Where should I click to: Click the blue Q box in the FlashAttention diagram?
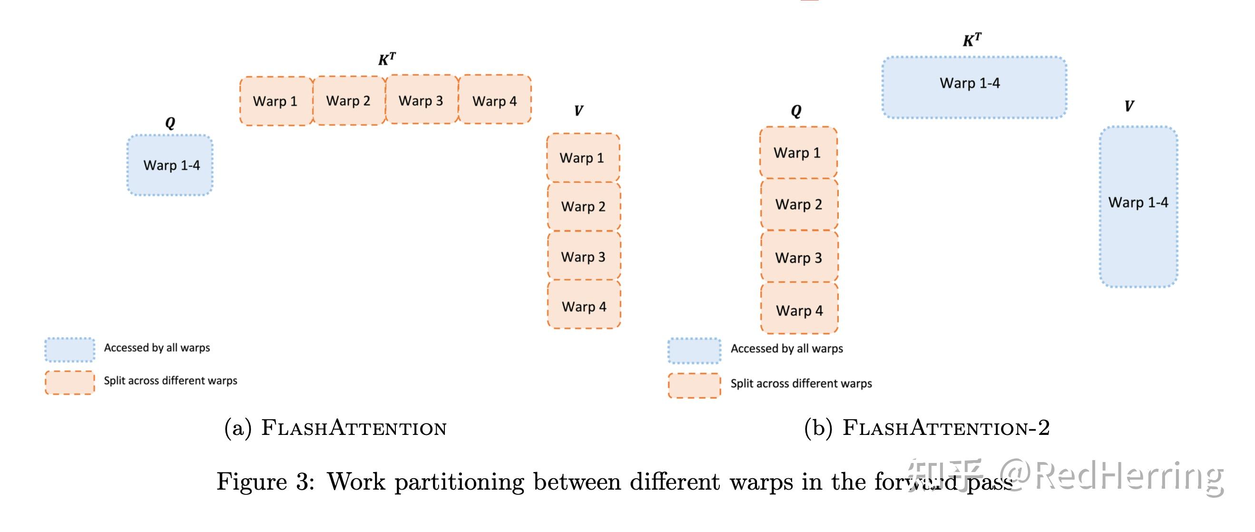click(x=170, y=165)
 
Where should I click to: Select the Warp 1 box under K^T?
click(x=276, y=101)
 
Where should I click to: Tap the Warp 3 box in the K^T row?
click(x=422, y=99)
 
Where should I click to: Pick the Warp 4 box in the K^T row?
click(x=495, y=99)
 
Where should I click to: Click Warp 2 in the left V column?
click(x=584, y=207)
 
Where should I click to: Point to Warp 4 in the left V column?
click(x=584, y=305)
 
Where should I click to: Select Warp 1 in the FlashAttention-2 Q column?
click(x=798, y=152)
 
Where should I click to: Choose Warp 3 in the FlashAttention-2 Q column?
click(x=799, y=257)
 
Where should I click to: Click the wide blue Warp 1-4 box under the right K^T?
click(x=974, y=87)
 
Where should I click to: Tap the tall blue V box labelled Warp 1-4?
click(x=1138, y=207)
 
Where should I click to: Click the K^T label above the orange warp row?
click(x=387, y=59)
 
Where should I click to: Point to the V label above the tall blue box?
click(x=1129, y=106)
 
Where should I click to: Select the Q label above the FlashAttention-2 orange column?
click(x=796, y=111)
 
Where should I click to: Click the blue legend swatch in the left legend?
click(x=69, y=349)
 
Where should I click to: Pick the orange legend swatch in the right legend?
click(x=694, y=385)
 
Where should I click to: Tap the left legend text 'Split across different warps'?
click(x=170, y=381)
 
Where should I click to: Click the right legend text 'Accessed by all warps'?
click(x=787, y=348)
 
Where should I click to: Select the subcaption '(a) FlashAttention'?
click(x=335, y=428)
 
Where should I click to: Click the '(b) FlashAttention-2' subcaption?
click(x=927, y=428)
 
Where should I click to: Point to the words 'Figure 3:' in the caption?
click(x=265, y=482)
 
